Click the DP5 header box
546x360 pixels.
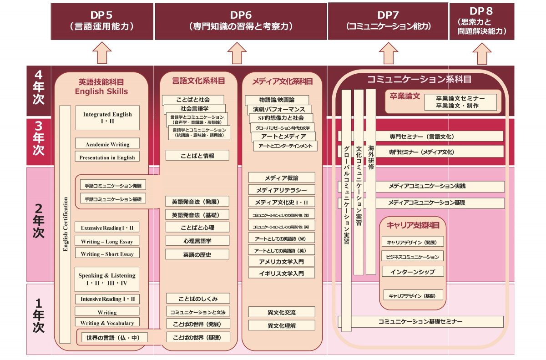(102, 21)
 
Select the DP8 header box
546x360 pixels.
(482, 21)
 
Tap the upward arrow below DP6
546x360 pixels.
(237, 53)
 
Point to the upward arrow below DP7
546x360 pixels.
(388, 53)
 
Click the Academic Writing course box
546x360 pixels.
(107, 144)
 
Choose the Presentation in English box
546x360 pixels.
(107, 157)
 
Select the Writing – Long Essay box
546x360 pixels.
(107, 241)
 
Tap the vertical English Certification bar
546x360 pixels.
(65, 224)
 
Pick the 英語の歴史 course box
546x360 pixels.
(197, 254)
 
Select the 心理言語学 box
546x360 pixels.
(197, 240)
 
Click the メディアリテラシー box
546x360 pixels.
(281, 190)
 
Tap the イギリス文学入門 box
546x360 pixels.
(281, 273)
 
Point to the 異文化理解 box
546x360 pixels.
(281, 325)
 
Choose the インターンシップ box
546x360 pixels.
(412, 272)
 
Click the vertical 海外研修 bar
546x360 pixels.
(371, 182)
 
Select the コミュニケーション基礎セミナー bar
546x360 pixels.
(420, 321)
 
